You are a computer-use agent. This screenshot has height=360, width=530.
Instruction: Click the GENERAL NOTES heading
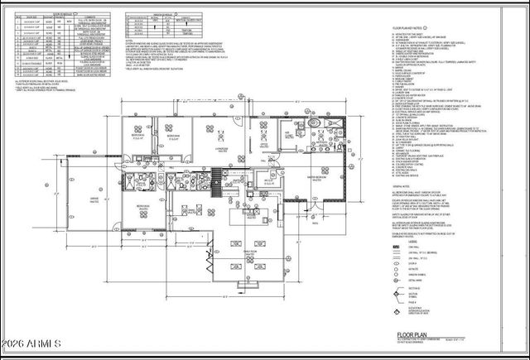403,186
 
